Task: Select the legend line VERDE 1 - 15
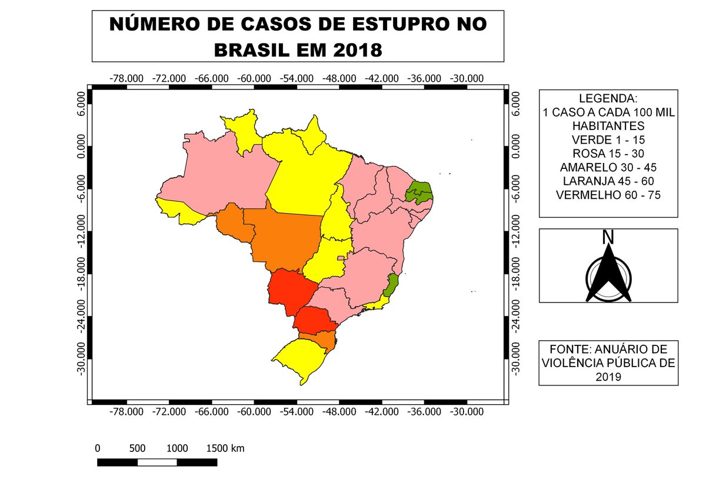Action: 608,140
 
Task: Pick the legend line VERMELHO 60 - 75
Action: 608,194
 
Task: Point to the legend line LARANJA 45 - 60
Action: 608,181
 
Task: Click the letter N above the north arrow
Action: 608,237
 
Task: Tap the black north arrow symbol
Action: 608,274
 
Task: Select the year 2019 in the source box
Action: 608,376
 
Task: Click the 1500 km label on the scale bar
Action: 225,448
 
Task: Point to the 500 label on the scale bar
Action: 137,448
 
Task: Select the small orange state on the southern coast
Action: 321,340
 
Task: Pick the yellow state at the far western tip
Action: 179,211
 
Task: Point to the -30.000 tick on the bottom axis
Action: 467,411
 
